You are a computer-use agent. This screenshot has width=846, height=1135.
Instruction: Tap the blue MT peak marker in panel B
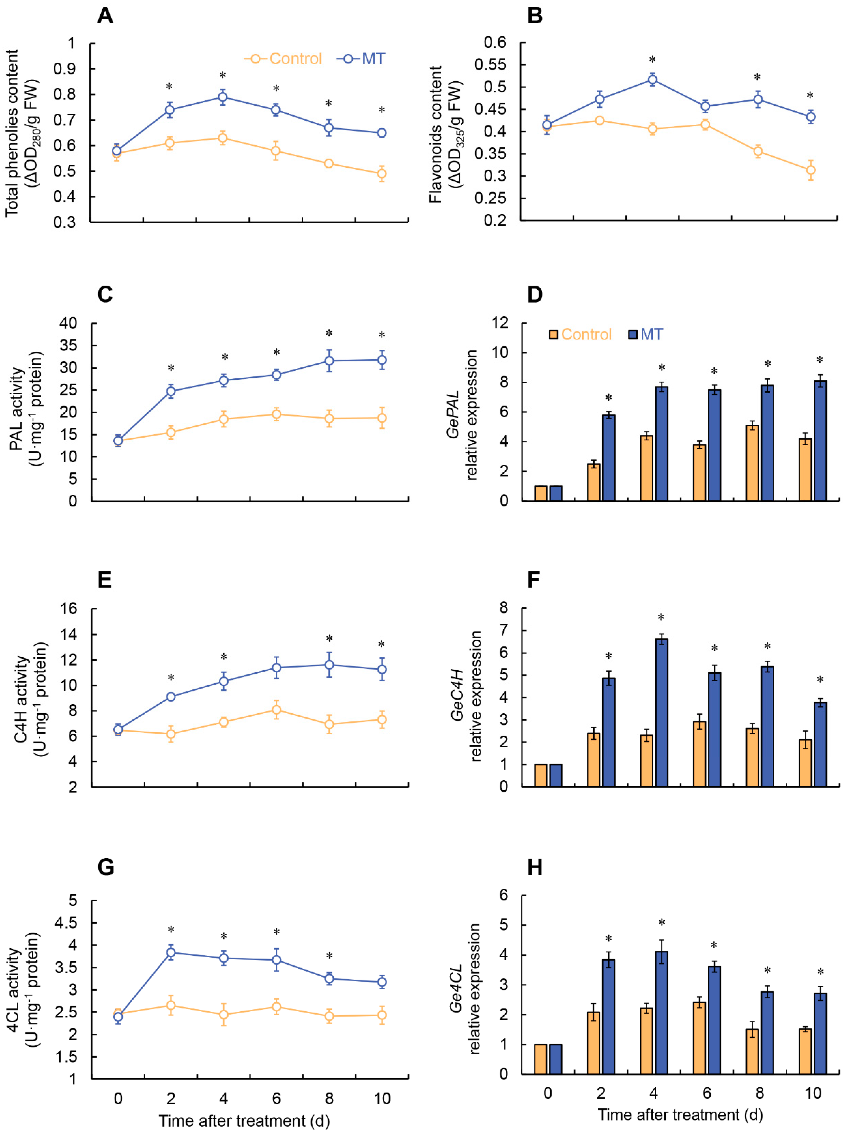[652, 79]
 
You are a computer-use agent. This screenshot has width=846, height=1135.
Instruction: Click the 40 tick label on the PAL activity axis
[68, 323]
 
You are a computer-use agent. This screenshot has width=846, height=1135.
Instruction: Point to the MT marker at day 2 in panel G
[171, 952]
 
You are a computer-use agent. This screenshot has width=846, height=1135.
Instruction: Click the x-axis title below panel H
[680, 1115]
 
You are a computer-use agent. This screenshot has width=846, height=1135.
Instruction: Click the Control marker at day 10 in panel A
[381, 174]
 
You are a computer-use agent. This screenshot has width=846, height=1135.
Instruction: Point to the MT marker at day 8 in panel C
[329, 361]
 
